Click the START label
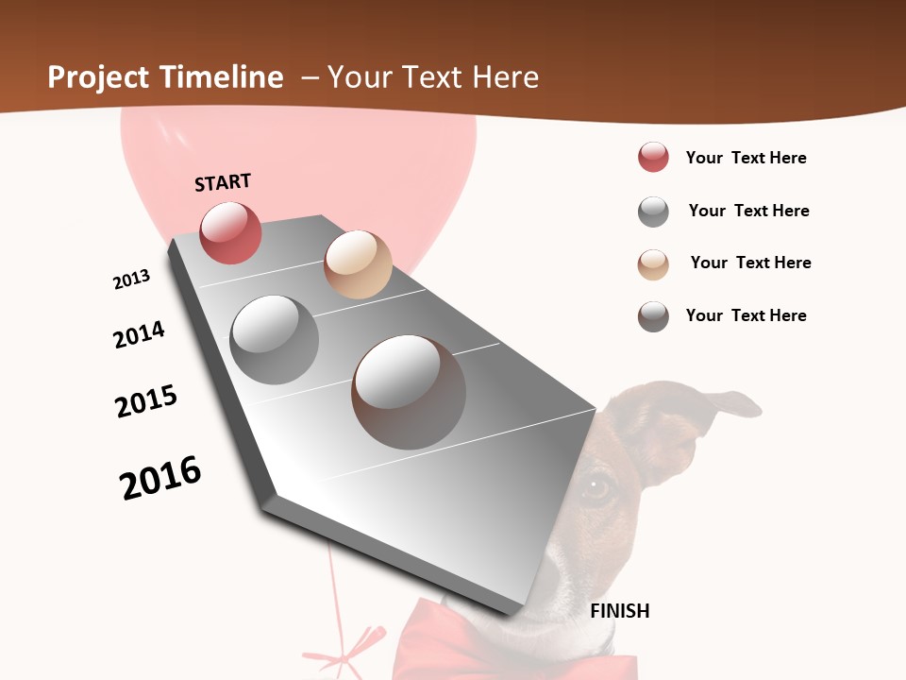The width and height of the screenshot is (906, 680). tap(223, 182)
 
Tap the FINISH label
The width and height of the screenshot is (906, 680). tap(620, 611)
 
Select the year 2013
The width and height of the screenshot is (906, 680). tap(131, 280)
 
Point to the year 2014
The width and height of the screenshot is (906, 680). tap(139, 334)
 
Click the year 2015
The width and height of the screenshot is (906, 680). tap(146, 401)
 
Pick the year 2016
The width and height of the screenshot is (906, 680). tap(160, 478)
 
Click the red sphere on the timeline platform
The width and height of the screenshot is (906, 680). tap(230, 233)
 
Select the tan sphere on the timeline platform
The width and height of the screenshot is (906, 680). tap(358, 264)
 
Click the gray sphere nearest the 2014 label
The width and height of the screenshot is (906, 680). tap(275, 339)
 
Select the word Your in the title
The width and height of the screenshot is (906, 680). tap(359, 77)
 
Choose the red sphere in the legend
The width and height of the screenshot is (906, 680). tap(653, 158)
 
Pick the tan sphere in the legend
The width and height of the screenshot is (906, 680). tap(653, 263)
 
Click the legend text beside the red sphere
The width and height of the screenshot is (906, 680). tap(746, 158)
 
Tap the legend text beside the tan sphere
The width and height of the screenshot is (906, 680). tap(750, 263)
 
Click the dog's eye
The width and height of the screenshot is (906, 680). tap(596, 487)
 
